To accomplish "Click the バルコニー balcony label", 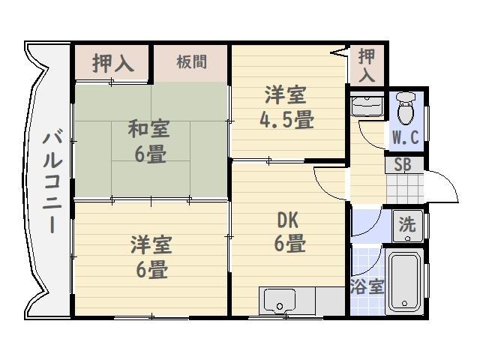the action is pos(52,181).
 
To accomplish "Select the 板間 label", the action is pos(192,61).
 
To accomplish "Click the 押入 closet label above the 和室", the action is pos(113,63).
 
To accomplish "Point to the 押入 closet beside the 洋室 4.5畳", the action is pos(367,65).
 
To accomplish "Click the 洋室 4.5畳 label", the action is pos(286,107).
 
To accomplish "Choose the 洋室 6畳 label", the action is pos(151,256).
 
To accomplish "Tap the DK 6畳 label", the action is pos(289,232).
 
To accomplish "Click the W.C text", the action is pos(406,137).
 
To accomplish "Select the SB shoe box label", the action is pos(403,165).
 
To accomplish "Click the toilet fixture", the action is pos(405,109).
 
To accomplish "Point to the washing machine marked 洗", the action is pos(408,226).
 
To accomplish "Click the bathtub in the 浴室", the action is pos(404,282).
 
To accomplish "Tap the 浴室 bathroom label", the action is pos(367,286).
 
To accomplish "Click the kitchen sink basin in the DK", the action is pos(279,301).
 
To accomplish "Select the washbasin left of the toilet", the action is pos(367,106).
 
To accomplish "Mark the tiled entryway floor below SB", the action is pos(405,188).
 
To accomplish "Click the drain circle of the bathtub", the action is pos(405,303).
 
